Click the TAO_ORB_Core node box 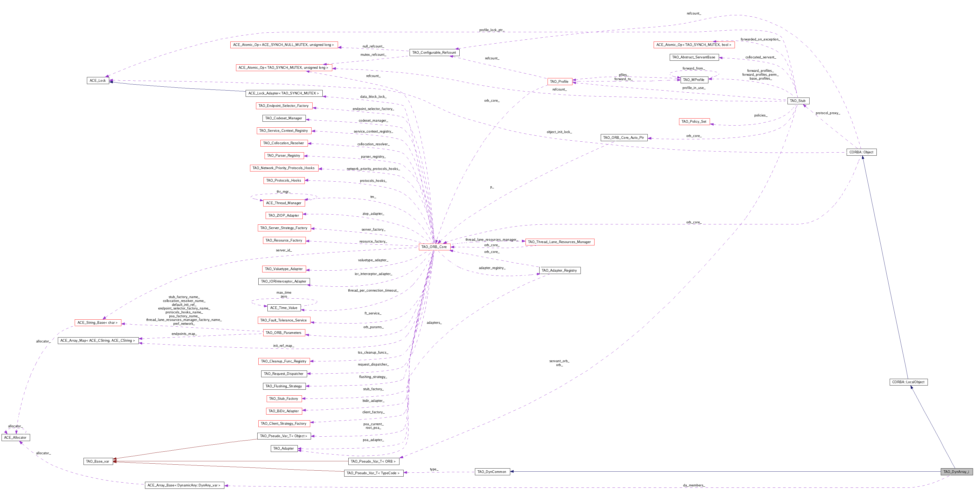(x=434, y=247)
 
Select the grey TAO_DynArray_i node (x=956, y=472)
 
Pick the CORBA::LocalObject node (x=908, y=382)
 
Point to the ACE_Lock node (x=98, y=80)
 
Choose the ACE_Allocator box (x=16, y=437)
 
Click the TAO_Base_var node (x=98, y=461)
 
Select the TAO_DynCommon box (x=492, y=472)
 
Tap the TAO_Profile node (x=559, y=82)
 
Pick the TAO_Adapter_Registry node (x=559, y=270)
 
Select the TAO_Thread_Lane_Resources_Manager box (x=559, y=242)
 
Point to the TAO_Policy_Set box (x=694, y=121)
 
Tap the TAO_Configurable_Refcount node (x=434, y=53)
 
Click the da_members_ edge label (x=693, y=485)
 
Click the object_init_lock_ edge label (x=559, y=132)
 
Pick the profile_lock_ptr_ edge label (x=492, y=30)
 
